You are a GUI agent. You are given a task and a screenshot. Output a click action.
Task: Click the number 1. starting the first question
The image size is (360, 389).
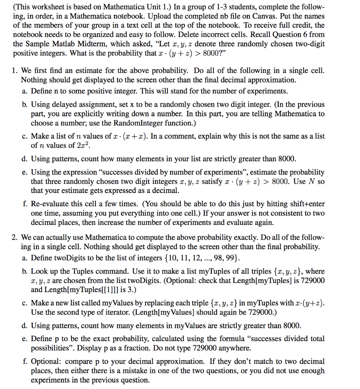pyautogui.click(x=15, y=71)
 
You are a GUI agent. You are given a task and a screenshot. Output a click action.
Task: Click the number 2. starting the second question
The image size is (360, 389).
pyautogui.click(x=15, y=238)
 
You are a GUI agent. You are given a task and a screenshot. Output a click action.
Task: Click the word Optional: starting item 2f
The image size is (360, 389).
pyautogui.click(x=46, y=361)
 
